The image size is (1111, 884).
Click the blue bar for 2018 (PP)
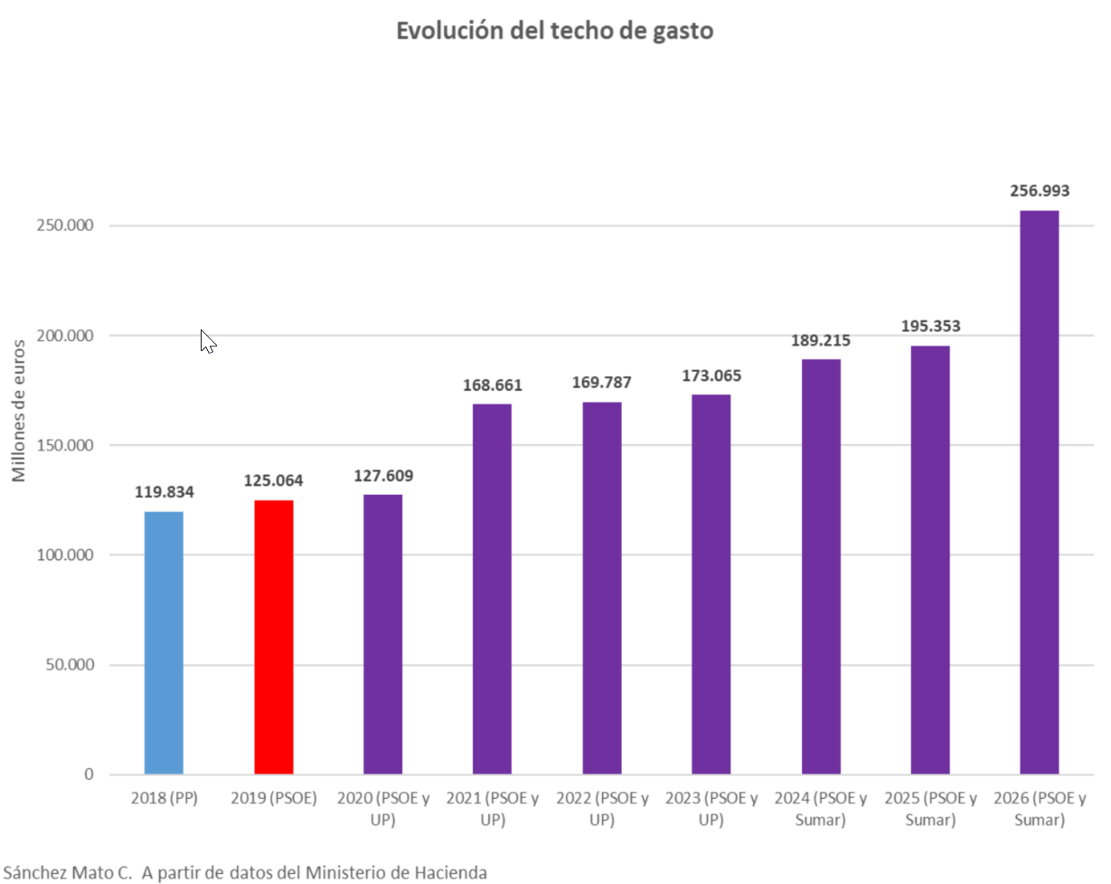[x=164, y=642]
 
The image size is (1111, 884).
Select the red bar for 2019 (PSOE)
[x=273, y=637]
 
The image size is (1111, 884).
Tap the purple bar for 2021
[x=492, y=588]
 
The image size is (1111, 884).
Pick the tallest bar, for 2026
[x=1039, y=492]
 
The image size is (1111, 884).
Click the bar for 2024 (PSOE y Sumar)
[x=821, y=566]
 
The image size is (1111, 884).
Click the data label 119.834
[x=164, y=492]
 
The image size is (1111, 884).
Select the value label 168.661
[x=492, y=385]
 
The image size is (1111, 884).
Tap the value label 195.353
[x=930, y=327]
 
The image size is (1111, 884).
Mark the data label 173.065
[x=711, y=375]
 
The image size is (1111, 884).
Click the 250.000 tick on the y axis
[x=66, y=225]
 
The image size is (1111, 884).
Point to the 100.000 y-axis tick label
[x=66, y=555]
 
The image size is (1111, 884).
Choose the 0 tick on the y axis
[x=89, y=775]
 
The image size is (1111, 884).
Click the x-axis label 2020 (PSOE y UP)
[x=382, y=809]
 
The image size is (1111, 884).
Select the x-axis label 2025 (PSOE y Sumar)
[x=930, y=809]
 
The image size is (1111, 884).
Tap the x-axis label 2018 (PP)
[x=164, y=799]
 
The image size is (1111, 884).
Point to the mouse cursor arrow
[x=207, y=340]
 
